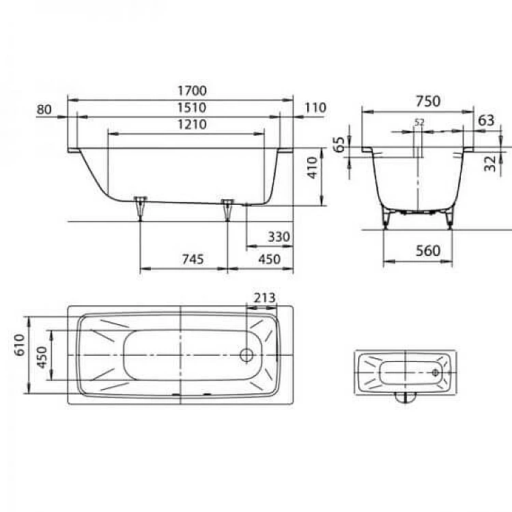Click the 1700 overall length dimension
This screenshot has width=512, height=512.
tap(192, 90)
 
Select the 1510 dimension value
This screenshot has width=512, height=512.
tap(192, 107)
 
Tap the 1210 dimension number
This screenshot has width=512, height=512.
tap(192, 124)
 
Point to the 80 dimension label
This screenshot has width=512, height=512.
tap(44, 109)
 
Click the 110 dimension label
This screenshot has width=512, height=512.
tap(315, 107)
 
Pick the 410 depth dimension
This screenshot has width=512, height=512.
tap(313, 168)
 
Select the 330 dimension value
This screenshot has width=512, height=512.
tap(279, 237)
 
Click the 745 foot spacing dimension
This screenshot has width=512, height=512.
tap(193, 259)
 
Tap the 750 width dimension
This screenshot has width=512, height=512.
tap(428, 101)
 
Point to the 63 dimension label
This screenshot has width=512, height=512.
tap(486, 121)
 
